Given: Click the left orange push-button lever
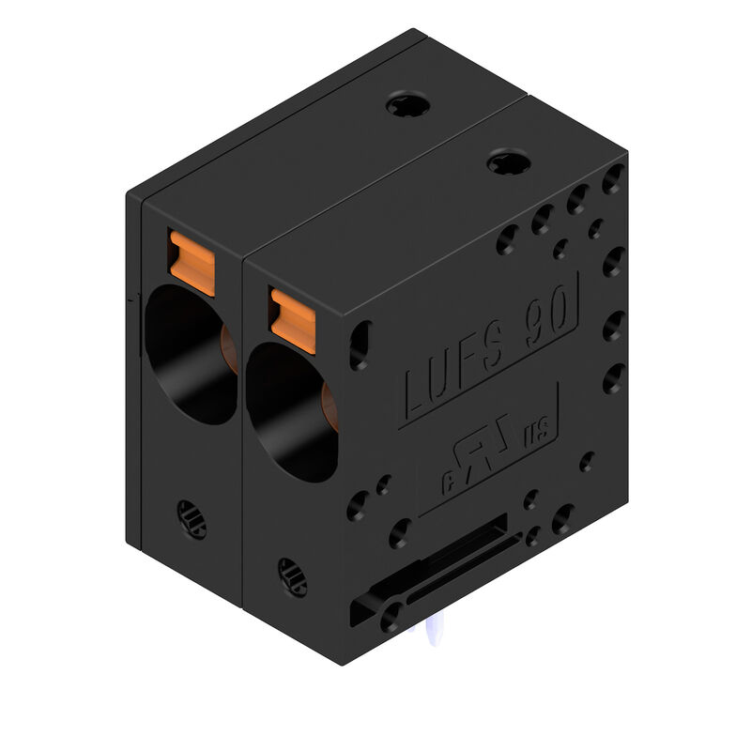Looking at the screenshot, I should click(x=192, y=263).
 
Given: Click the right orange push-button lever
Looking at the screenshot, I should click(x=293, y=320).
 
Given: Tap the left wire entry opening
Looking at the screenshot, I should click(x=188, y=352).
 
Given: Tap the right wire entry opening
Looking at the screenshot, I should click(x=289, y=411).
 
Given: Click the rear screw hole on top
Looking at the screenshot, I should click(x=408, y=104).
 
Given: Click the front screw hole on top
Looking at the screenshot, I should click(x=509, y=163).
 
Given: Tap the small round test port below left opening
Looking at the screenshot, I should click(x=192, y=518).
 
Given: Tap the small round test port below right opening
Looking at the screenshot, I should click(x=292, y=576).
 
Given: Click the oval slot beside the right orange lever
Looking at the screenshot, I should click(x=360, y=345).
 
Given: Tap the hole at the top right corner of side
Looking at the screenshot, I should click(x=613, y=177).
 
